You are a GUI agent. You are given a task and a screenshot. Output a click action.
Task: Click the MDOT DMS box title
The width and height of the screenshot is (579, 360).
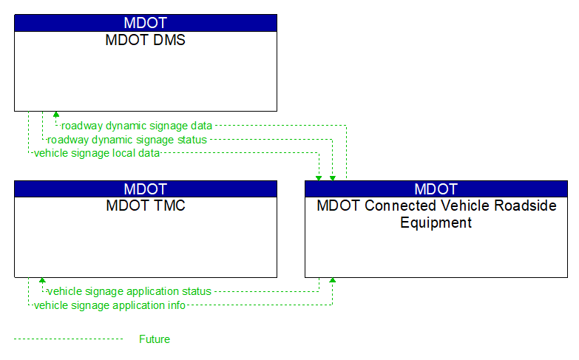point(146,40)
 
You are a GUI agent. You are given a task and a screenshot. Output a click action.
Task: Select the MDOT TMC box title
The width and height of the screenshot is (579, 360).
point(146,206)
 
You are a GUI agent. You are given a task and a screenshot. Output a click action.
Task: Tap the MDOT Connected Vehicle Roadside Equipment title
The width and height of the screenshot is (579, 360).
point(436,214)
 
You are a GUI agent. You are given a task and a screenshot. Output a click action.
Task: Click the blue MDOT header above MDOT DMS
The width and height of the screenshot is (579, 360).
point(146,22)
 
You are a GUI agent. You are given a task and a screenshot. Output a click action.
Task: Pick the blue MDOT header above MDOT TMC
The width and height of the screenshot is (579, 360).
point(146,189)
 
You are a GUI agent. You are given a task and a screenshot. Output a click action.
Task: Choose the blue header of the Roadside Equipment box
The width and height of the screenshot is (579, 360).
point(436,189)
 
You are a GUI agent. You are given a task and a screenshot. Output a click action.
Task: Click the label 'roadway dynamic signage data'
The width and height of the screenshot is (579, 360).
point(137,126)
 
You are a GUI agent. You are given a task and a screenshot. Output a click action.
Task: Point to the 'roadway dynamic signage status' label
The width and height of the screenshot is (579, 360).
point(127,139)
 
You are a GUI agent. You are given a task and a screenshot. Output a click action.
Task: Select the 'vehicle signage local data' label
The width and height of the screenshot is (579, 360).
point(97,152)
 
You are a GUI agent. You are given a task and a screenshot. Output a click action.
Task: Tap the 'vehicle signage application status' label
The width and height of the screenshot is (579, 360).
point(129,291)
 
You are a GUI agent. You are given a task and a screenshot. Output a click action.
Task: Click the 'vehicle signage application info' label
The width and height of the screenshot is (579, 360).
point(109,305)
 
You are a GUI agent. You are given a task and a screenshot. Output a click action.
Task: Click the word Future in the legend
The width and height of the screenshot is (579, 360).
point(155,339)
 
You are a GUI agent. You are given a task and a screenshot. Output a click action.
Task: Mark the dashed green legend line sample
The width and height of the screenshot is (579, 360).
point(68,339)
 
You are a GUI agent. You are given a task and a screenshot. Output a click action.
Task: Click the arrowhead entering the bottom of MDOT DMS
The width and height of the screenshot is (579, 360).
point(55,115)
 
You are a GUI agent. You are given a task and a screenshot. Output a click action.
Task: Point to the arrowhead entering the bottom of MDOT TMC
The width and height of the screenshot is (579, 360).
point(42,281)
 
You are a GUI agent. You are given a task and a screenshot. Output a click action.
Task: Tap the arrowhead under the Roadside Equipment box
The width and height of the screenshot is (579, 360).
point(332,281)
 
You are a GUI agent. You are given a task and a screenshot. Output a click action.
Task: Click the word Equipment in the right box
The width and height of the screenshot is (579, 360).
point(436,223)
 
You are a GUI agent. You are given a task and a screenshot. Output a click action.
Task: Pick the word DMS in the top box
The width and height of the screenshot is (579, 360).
point(170,40)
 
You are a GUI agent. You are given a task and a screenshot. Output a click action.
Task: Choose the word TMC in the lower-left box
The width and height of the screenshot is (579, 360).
point(170,206)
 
